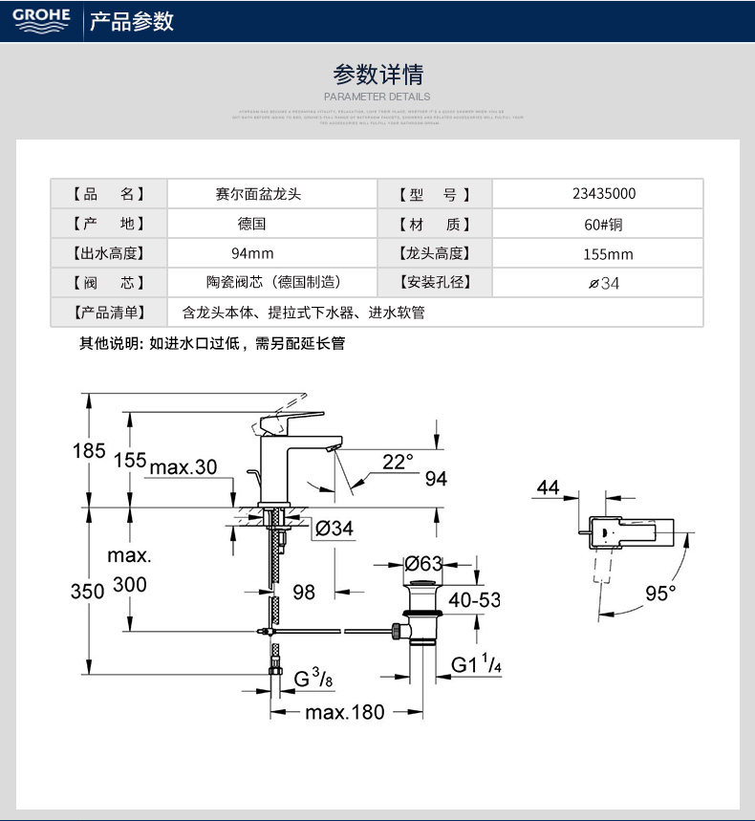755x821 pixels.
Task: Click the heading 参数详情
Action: (377, 74)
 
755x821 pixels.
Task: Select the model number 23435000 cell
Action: (604, 193)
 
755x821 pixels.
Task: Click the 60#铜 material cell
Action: (603, 224)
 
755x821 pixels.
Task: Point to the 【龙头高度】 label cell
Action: (434, 253)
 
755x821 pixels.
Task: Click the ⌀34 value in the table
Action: (604, 284)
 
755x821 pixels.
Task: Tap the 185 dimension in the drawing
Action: (89, 450)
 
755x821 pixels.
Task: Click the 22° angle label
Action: (399, 462)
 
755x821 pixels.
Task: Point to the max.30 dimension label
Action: (183, 466)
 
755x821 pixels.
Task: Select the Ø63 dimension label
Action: (423, 563)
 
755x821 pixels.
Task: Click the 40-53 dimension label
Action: (474, 600)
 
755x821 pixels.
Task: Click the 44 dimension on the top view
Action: (548, 487)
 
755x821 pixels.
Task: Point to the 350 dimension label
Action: (87, 592)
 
